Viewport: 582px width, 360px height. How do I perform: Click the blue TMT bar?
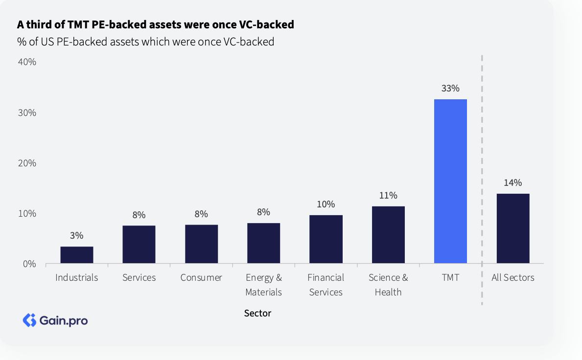[x=450, y=181]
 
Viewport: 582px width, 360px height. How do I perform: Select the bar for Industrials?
[x=77, y=255]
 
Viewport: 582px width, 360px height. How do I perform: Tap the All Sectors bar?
[x=512, y=228]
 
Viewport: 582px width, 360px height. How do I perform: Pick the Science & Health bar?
[x=388, y=235]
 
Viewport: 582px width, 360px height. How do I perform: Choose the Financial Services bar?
[x=326, y=239]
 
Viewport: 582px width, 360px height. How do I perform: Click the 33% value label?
[x=450, y=89]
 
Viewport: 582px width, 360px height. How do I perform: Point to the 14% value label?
[x=512, y=183]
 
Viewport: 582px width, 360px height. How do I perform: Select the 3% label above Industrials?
[x=77, y=236]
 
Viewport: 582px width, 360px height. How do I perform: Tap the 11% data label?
[x=388, y=196]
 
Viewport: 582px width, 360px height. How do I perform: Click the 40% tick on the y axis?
[x=27, y=62]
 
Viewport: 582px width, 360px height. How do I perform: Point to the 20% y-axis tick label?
[x=27, y=163]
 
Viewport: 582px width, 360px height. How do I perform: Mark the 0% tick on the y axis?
[x=30, y=264]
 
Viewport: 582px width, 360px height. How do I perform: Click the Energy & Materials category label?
[x=264, y=285]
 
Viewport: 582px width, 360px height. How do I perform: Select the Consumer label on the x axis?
[x=201, y=278]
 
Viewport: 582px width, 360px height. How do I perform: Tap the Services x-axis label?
[x=139, y=278]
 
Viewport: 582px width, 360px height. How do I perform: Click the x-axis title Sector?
[x=257, y=313]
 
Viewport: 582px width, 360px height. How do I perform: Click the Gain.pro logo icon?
[x=30, y=320]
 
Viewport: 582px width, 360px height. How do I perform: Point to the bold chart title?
[x=155, y=24]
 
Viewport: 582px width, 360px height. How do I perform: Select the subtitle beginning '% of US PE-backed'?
[x=145, y=42]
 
